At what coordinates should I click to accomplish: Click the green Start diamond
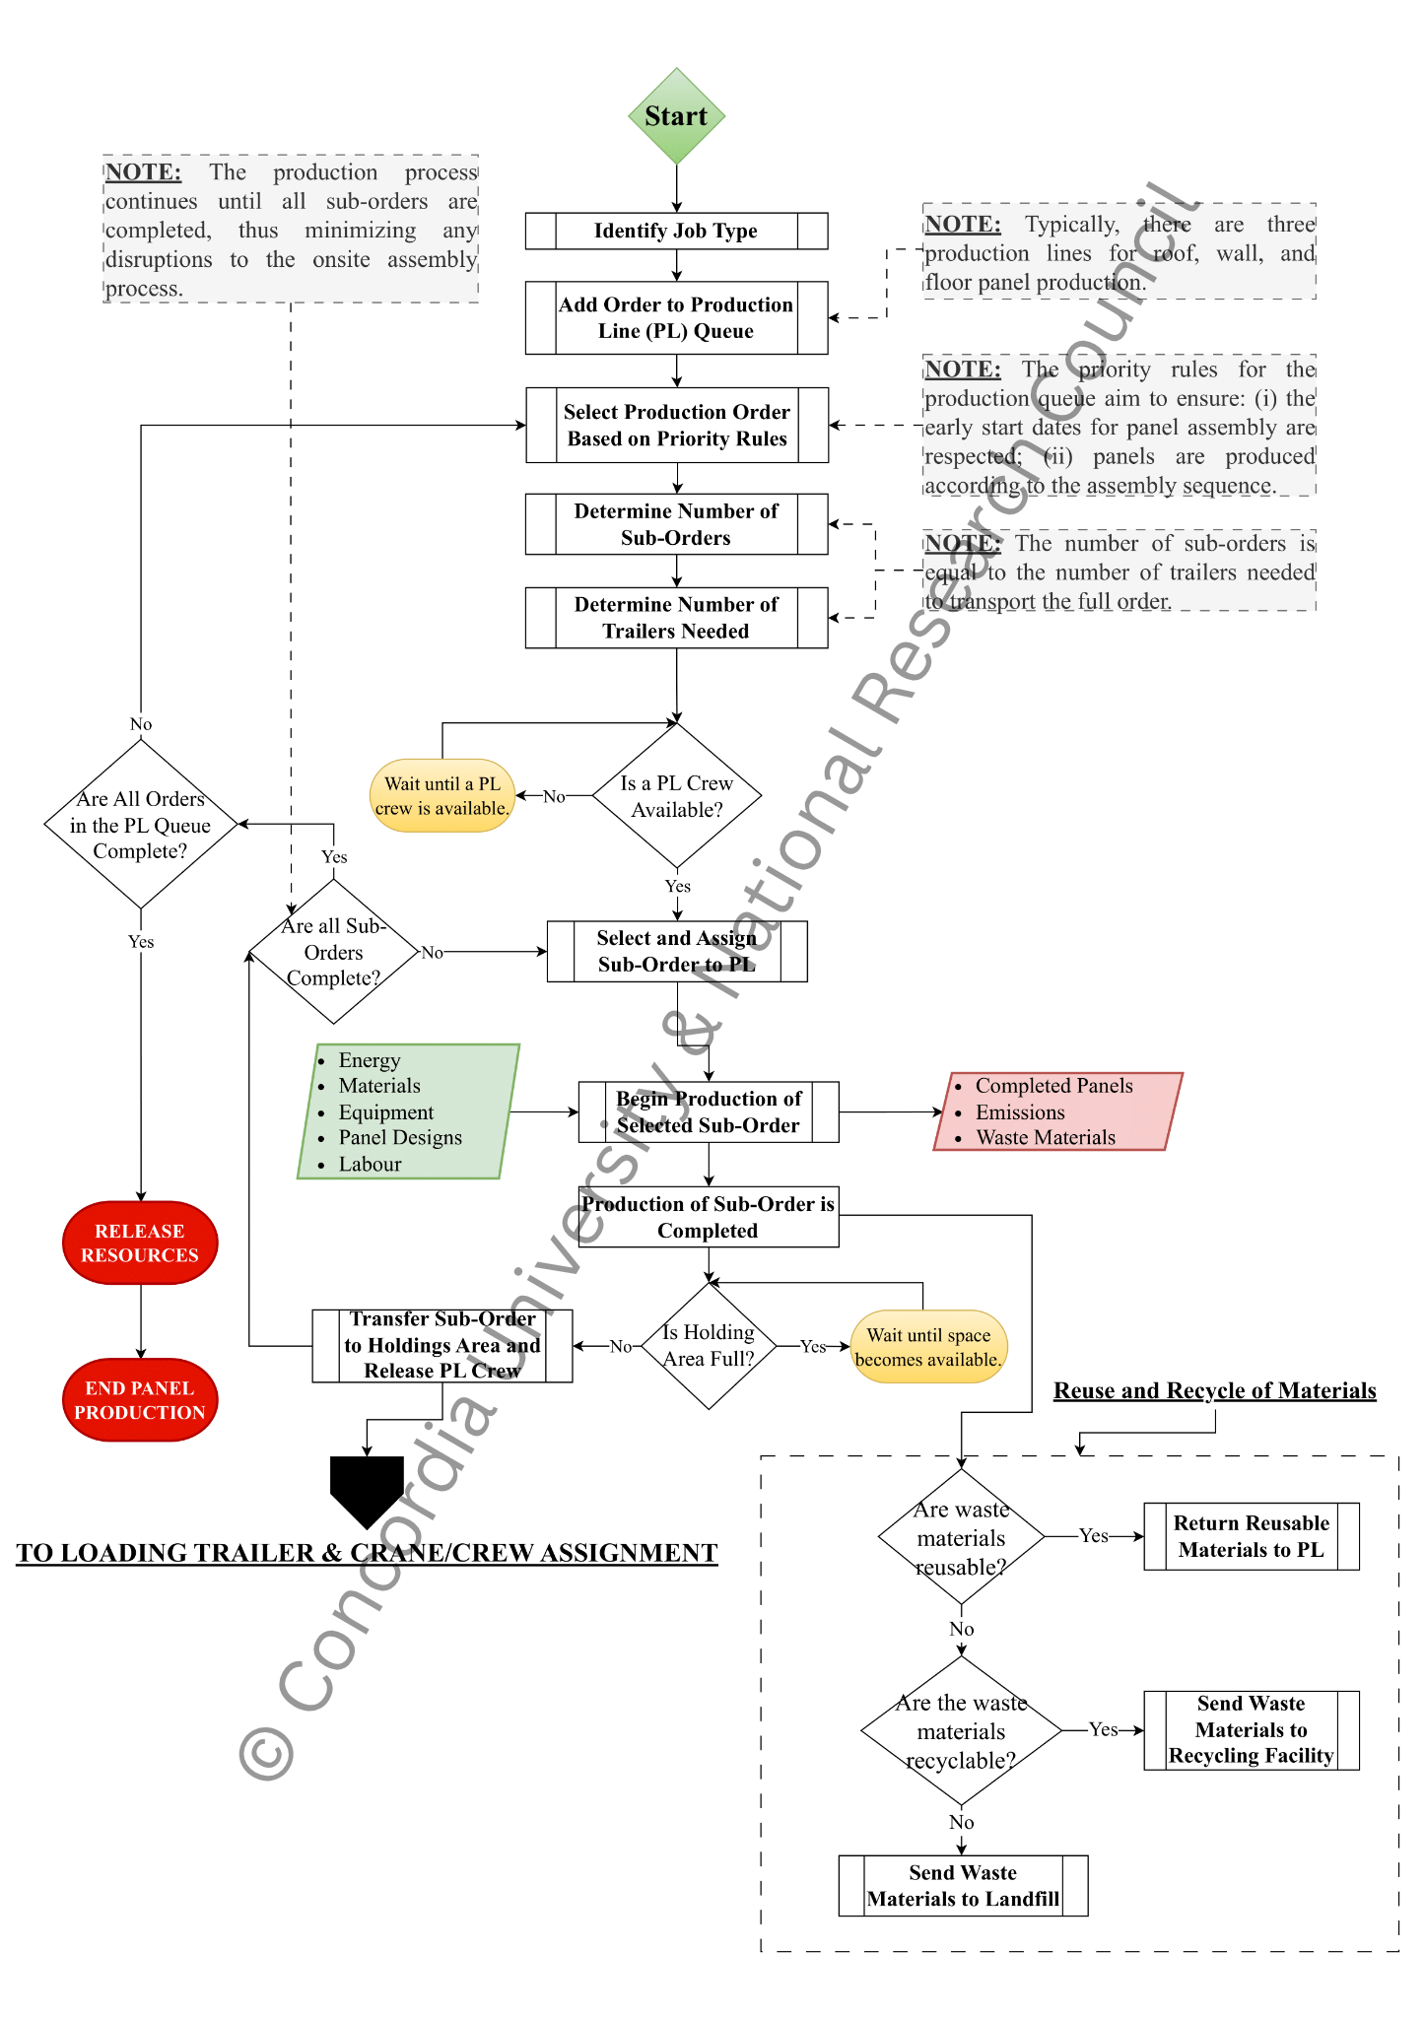click(676, 116)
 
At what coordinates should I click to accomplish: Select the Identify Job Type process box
click(676, 231)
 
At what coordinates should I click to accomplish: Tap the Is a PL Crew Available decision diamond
click(676, 795)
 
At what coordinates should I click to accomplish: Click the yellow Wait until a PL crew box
click(441, 795)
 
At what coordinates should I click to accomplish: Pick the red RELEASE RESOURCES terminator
click(140, 1243)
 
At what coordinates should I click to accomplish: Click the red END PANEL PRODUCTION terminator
click(140, 1399)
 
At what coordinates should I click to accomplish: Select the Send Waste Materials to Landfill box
click(963, 1885)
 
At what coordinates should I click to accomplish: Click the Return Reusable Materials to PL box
click(1251, 1536)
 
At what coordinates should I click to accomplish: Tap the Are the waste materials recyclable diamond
click(961, 1731)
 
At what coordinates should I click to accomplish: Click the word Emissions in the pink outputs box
click(1020, 1112)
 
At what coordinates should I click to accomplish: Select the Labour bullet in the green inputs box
click(370, 1164)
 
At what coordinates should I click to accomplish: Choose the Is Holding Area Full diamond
click(708, 1345)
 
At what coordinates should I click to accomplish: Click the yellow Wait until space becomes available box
click(928, 1346)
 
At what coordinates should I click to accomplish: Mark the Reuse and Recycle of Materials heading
click(1214, 1390)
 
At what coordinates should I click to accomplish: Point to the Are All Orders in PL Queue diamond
click(141, 825)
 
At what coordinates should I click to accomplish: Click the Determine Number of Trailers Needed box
click(676, 618)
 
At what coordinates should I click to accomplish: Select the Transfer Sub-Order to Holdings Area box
click(441, 1345)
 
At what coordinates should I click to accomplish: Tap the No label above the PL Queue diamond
click(141, 724)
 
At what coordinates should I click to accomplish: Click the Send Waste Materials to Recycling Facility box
click(1251, 1729)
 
